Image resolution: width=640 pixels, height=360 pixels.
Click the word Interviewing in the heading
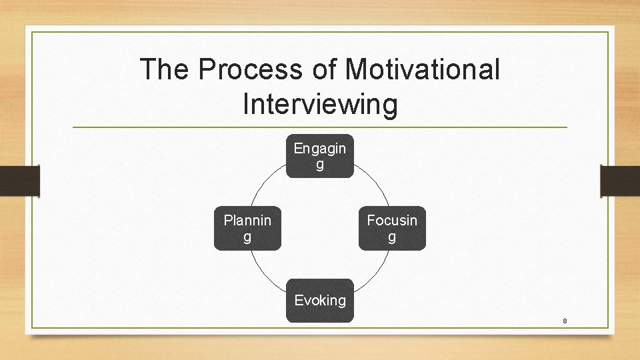320,104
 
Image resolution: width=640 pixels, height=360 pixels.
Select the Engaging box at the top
320,156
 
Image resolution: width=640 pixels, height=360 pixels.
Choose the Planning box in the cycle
247,228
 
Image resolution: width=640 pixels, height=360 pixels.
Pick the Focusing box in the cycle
392,228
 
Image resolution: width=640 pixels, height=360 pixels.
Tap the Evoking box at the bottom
320,300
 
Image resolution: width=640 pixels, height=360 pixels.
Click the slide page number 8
565,321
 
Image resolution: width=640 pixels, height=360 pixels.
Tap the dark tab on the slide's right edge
620,181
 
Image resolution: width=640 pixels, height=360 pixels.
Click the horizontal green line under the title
320,127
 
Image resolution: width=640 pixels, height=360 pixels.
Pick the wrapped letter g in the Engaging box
320,165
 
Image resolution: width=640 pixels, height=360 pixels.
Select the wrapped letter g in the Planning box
247,237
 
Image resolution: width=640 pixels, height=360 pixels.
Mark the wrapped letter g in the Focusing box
392,237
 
